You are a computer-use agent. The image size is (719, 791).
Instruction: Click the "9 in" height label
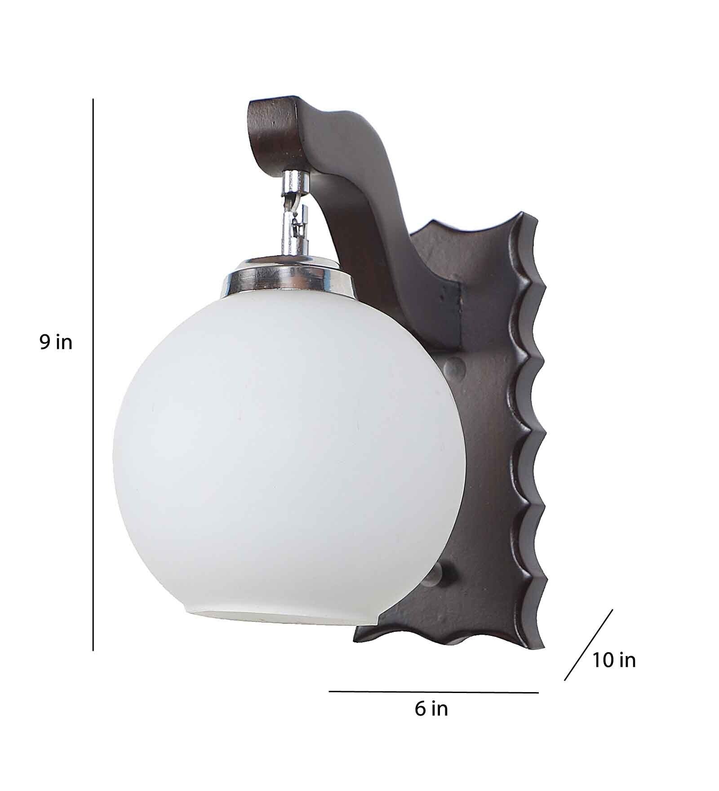[55, 343]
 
